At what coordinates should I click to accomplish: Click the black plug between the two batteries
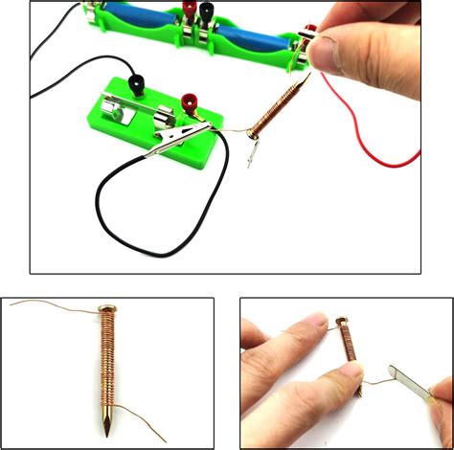183,13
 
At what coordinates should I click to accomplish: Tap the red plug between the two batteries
205,12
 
